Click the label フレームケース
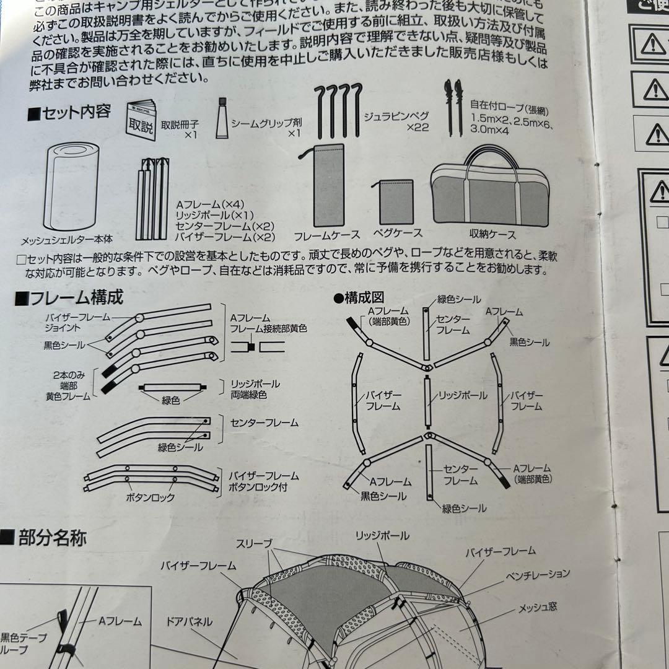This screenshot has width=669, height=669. point(327,236)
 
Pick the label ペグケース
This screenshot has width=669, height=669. point(398,233)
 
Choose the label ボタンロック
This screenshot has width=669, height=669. point(150,497)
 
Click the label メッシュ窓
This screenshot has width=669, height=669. point(538,605)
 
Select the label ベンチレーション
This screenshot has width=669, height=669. point(536,575)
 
